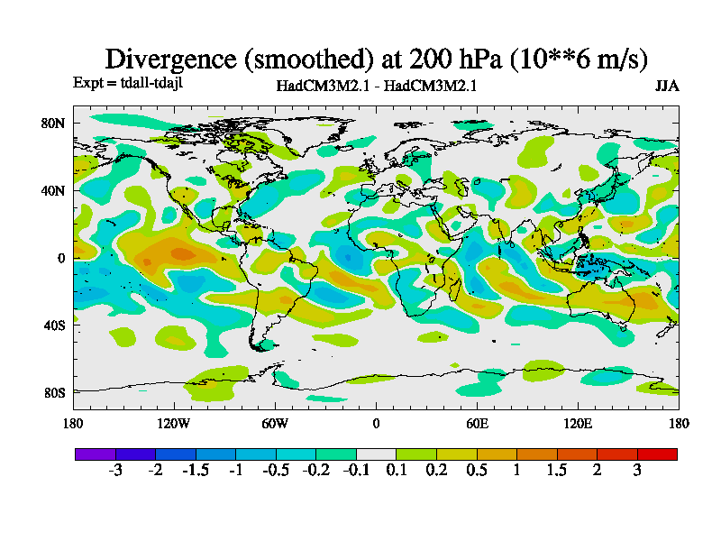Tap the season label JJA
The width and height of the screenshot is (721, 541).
pyautogui.click(x=667, y=87)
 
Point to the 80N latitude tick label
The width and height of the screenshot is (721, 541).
pyautogui.click(x=54, y=123)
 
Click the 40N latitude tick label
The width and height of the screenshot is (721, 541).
pyautogui.click(x=54, y=190)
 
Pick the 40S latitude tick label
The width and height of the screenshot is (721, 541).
pyautogui.click(x=54, y=325)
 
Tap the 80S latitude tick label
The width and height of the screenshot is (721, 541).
pyautogui.click(x=54, y=392)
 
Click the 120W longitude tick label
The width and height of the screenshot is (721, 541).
pyautogui.click(x=174, y=423)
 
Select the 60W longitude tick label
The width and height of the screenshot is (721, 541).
pyautogui.click(x=275, y=423)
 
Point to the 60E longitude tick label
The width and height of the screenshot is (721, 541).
pyautogui.click(x=477, y=423)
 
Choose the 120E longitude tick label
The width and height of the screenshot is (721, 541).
pyautogui.click(x=578, y=423)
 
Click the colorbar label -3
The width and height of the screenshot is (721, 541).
pyautogui.click(x=114, y=471)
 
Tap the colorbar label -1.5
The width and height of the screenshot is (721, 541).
pyautogui.click(x=195, y=471)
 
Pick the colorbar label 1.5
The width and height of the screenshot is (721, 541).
pyautogui.click(x=557, y=471)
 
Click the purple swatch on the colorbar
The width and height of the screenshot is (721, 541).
pyautogui.click(x=95, y=454)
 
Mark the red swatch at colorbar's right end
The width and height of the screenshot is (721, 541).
pyautogui.click(x=657, y=454)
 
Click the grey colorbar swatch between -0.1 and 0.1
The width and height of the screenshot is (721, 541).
pyautogui.click(x=376, y=454)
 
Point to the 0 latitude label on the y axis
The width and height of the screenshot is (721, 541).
pyautogui.click(x=61, y=258)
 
